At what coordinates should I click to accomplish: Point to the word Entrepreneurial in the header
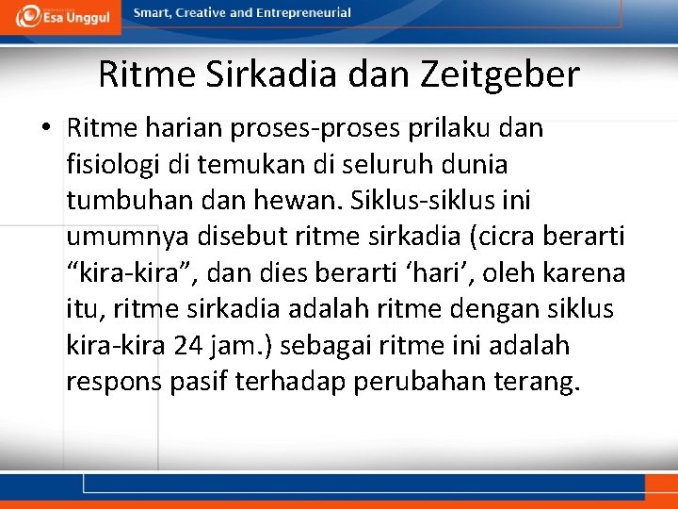click(303, 13)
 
